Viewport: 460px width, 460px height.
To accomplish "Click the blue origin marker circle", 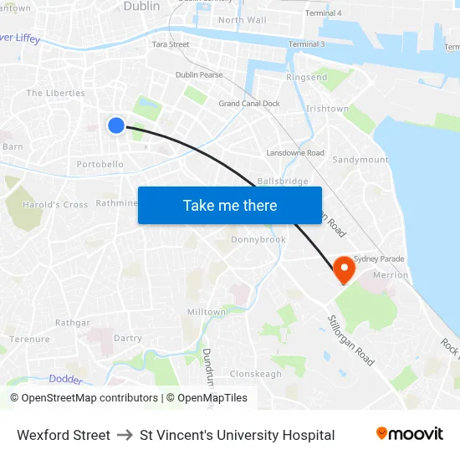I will [x=116, y=125].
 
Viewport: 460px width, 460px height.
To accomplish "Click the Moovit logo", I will [x=409, y=434].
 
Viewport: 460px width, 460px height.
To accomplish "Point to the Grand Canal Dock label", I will [x=249, y=104].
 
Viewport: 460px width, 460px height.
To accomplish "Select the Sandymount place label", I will [x=360, y=160].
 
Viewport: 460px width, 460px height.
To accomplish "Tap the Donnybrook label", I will [x=258, y=239].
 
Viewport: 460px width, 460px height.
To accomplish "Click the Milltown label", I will [x=207, y=312].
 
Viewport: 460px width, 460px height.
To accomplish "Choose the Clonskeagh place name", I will [x=256, y=374].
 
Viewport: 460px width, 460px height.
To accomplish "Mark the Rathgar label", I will [x=73, y=322].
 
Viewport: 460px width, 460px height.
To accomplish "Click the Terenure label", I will [x=30, y=340].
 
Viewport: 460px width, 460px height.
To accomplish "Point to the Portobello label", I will [x=100, y=165].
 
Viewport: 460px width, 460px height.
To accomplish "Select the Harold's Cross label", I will [x=55, y=205].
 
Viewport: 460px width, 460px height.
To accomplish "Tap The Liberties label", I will [x=57, y=93].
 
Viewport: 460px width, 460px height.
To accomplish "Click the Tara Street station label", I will [x=171, y=44].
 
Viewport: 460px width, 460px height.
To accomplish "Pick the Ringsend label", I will [x=307, y=78].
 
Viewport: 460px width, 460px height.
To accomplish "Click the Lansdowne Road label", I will [x=295, y=153].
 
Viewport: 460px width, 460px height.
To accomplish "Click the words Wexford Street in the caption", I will [x=64, y=435].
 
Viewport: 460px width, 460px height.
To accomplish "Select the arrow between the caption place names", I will [x=125, y=435].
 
